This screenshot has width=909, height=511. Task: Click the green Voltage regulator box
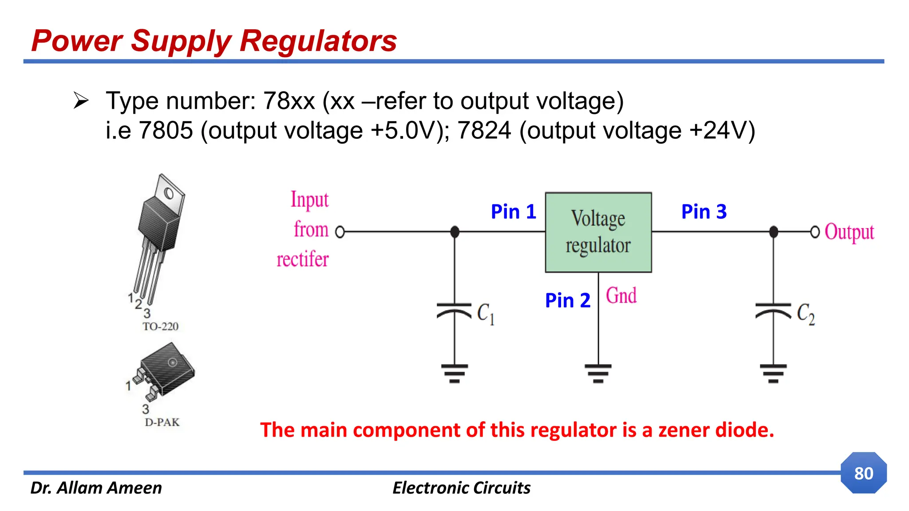click(598, 232)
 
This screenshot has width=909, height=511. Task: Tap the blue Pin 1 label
click(513, 212)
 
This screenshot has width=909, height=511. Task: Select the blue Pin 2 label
click(567, 300)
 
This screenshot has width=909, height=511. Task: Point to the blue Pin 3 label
click(703, 212)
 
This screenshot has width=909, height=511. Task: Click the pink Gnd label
click(621, 295)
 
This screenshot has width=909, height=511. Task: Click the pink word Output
click(849, 232)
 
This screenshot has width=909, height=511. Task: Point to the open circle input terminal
click(340, 232)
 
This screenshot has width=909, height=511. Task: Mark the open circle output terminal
click(814, 232)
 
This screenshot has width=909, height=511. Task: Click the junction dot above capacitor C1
click(454, 232)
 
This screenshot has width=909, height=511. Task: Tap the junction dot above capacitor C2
click(773, 232)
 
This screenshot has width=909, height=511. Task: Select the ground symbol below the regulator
click(598, 373)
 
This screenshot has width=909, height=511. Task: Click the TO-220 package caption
click(160, 326)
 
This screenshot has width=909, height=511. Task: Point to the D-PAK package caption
click(162, 422)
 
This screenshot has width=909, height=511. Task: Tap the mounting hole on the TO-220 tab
click(169, 193)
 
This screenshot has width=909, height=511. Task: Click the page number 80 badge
click(863, 473)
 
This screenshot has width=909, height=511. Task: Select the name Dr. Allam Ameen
click(96, 487)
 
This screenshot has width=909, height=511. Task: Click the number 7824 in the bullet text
click(484, 130)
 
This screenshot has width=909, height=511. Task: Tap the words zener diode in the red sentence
click(715, 430)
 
